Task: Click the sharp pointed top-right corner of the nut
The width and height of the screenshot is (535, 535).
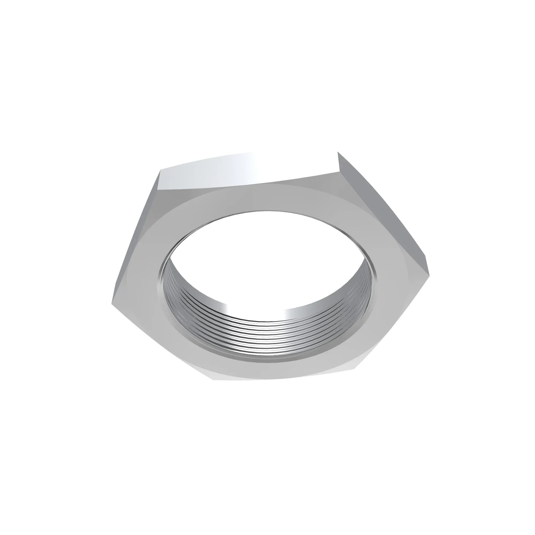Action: pyautogui.click(x=338, y=153)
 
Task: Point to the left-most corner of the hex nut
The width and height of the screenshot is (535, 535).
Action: pyautogui.click(x=112, y=302)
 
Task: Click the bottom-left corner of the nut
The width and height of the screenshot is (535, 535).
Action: pyautogui.click(x=213, y=379)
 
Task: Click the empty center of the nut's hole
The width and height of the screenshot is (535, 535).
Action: pyautogui.click(x=266, y=263)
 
